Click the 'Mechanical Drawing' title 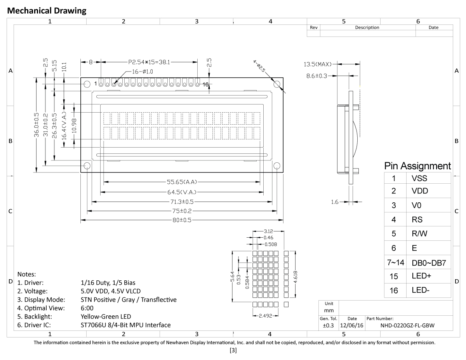click(x=47, y=10)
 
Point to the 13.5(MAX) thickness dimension click(x=318, y=64)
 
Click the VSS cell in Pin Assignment click(x=419, y=178)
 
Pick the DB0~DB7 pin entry click(x=428, y=263)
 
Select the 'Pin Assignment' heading click(x=417, y=166)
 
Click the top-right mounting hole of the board click(x=277, y=84)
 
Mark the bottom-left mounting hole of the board click(x=87, y=166)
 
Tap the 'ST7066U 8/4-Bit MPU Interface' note click(x=125, y=325)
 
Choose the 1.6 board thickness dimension click(x=335, y=202)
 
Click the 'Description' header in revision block click(x=367, y=28)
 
